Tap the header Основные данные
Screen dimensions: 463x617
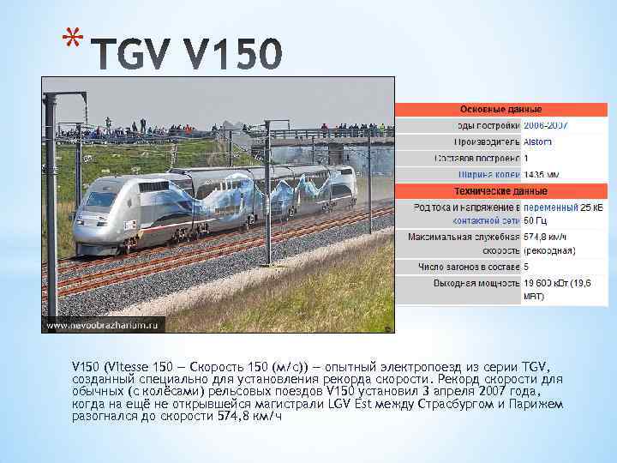coord(500,110)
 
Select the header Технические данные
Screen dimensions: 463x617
coord(500,190)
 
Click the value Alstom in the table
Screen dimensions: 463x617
coord(537,141)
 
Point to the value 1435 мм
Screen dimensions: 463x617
coord(542,174)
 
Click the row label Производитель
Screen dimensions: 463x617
coord(487,141)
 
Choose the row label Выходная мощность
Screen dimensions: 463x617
coord(477,282)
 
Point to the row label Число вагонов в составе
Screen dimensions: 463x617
coord(469,267)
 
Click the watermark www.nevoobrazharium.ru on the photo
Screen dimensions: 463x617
coord(104,325)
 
